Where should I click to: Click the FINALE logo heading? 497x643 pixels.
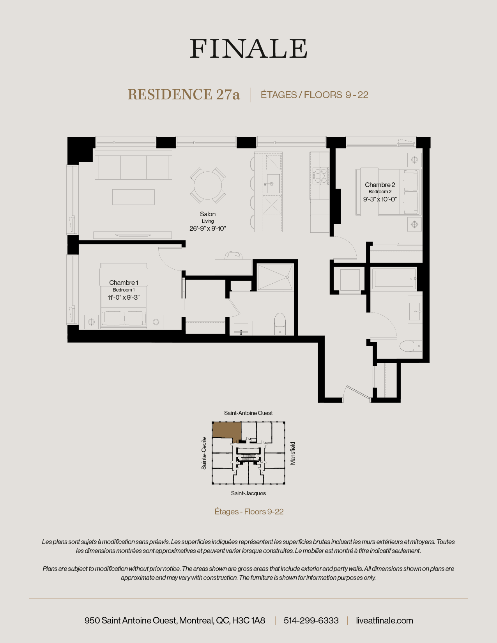tap(248, 49)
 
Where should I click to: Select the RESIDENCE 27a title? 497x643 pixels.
tap(184, 95)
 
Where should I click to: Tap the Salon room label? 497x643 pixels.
tap(207, 214)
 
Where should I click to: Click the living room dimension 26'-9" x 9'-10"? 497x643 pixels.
tap(207, 228)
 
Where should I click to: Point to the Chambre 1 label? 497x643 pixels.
tap(123, 283)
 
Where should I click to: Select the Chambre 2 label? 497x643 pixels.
tap(380, 185)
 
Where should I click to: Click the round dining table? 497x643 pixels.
tap(208, 185)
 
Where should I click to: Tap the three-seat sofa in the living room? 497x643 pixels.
tap(133, 165)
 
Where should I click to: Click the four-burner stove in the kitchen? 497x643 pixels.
tap(320, 175)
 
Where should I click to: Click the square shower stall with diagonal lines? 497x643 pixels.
tap(275, 277)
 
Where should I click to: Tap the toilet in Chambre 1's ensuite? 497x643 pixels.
tap(280, 323)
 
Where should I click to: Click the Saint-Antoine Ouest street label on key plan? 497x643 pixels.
tap(248, 413)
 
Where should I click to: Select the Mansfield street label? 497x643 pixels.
tap(293, 453)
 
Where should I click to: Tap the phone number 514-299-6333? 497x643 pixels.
tap(311, 620)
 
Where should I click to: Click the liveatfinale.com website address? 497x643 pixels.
tap(384, 620)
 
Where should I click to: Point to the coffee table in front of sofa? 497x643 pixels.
tap(133, 197)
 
